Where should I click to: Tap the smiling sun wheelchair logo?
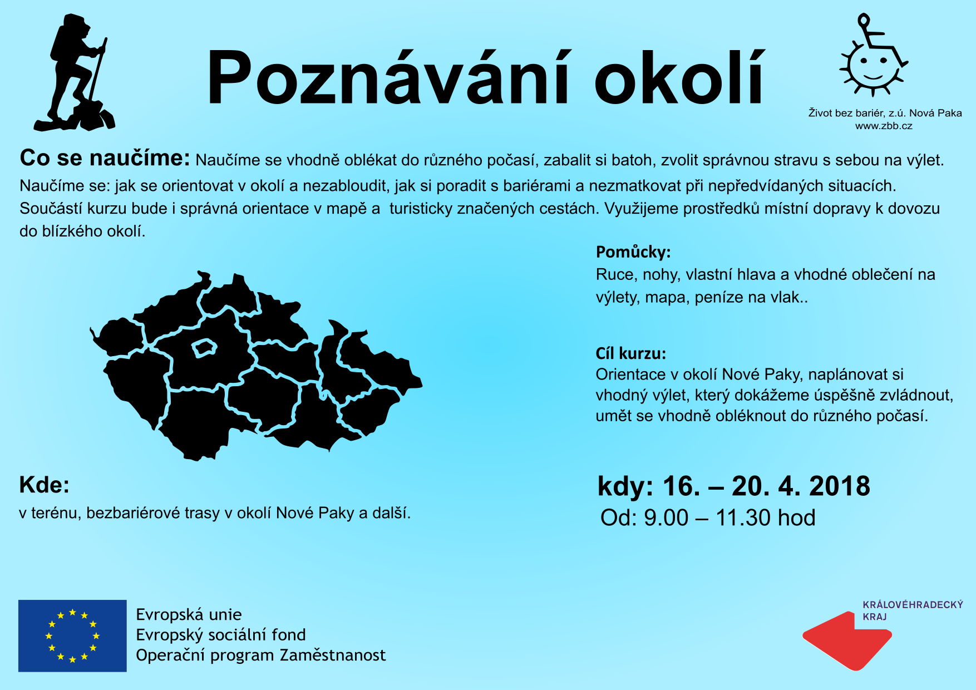[x=873, y=56]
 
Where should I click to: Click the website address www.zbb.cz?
[x=884, y=126]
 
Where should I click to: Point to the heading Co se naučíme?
[x=105, y=158]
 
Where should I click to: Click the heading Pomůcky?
[x=633, y=252]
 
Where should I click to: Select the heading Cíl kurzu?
[x=631, y=353]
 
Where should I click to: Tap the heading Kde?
[x=45, y=485]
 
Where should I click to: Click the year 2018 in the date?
[x=840, y=486]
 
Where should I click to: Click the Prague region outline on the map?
[x=204, y=348]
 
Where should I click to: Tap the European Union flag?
[x=72, y=635]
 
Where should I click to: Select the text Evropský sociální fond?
[x=221, y=635]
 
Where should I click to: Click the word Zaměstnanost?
[x=333, y=655]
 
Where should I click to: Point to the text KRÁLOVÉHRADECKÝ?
[x=913, y=605]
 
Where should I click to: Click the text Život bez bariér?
[x=846, y=113]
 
